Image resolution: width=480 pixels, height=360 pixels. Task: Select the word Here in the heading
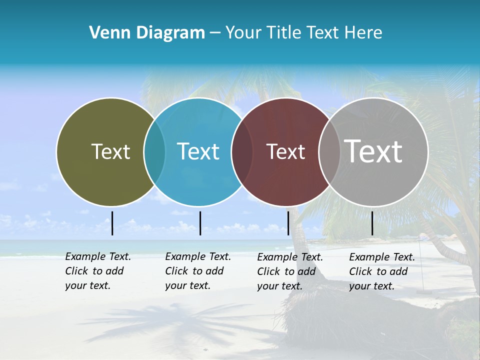363,33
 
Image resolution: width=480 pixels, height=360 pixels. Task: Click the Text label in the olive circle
110,151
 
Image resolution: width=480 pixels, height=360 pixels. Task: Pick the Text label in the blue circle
198,151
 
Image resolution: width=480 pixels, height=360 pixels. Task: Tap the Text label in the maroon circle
285,152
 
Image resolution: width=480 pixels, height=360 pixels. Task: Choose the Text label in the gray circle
373,151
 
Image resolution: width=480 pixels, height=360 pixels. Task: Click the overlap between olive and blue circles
154,152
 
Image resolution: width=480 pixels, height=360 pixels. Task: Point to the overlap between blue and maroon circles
242,152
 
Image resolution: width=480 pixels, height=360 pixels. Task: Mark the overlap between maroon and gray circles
328,152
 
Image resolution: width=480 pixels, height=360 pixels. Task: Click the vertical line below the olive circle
112,223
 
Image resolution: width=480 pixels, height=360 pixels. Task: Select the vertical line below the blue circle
200,223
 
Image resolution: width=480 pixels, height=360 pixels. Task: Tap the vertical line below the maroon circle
288,223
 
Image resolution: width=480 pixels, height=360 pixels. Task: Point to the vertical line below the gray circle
372,223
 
